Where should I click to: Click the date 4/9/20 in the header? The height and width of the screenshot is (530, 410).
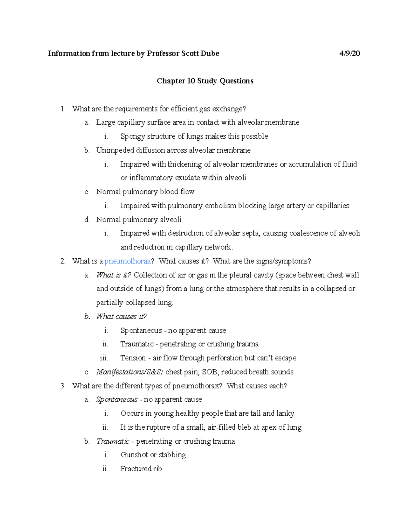[350, 54]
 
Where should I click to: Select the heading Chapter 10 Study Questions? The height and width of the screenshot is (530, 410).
[205, 81]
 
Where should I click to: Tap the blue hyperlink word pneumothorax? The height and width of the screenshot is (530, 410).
[127, 261]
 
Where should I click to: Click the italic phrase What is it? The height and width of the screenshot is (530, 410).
[114, 275]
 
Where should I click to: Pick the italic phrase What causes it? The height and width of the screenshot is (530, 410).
[122, 317]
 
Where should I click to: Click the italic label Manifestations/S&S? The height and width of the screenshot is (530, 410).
[130, 372]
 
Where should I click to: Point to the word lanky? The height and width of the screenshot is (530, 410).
[285, 414]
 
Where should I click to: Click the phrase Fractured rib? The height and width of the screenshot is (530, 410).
[141, 469]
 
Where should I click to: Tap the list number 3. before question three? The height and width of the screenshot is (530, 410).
[63, 386]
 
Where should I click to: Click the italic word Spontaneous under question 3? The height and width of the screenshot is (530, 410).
[117, 400]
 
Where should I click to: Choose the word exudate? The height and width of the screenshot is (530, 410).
[187, 178]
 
